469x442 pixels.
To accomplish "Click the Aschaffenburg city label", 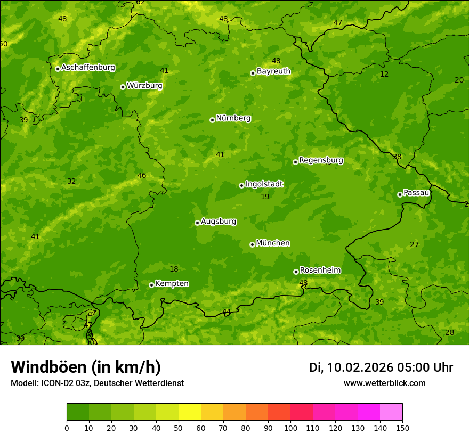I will (x=88, y=68).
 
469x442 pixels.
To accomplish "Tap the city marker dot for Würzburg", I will (x=123, y=87).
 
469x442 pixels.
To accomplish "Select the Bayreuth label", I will (x=273, y=71).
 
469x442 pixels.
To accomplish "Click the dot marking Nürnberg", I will (x=212, y=120).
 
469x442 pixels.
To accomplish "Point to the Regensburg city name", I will (x=321, y=160).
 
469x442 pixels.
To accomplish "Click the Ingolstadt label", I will (x=264, y=184).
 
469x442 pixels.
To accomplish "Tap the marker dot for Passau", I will (x=400, y=194).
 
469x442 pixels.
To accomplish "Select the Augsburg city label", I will (x=218, y=222).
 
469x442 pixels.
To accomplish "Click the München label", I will (x=273, y=243).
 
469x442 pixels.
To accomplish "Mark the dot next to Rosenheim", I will (x=296, y=272).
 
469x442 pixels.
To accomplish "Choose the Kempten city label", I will (x=172, y=284).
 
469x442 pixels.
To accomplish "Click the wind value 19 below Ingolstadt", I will (x=265, y=197).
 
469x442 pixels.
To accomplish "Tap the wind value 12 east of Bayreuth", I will (x=384, y=75).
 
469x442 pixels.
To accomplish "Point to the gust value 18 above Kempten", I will (x=174, y=269).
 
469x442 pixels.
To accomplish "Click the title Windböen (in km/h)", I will (x=86, y=367).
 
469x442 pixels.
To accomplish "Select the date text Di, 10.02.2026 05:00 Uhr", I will (x=381, y=367).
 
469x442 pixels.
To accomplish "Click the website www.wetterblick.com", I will (x=384, y=383).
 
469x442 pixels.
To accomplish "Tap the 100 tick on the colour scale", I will (x=290, y=428).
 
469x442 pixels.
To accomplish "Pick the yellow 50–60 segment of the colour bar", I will (x=190, y=412).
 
